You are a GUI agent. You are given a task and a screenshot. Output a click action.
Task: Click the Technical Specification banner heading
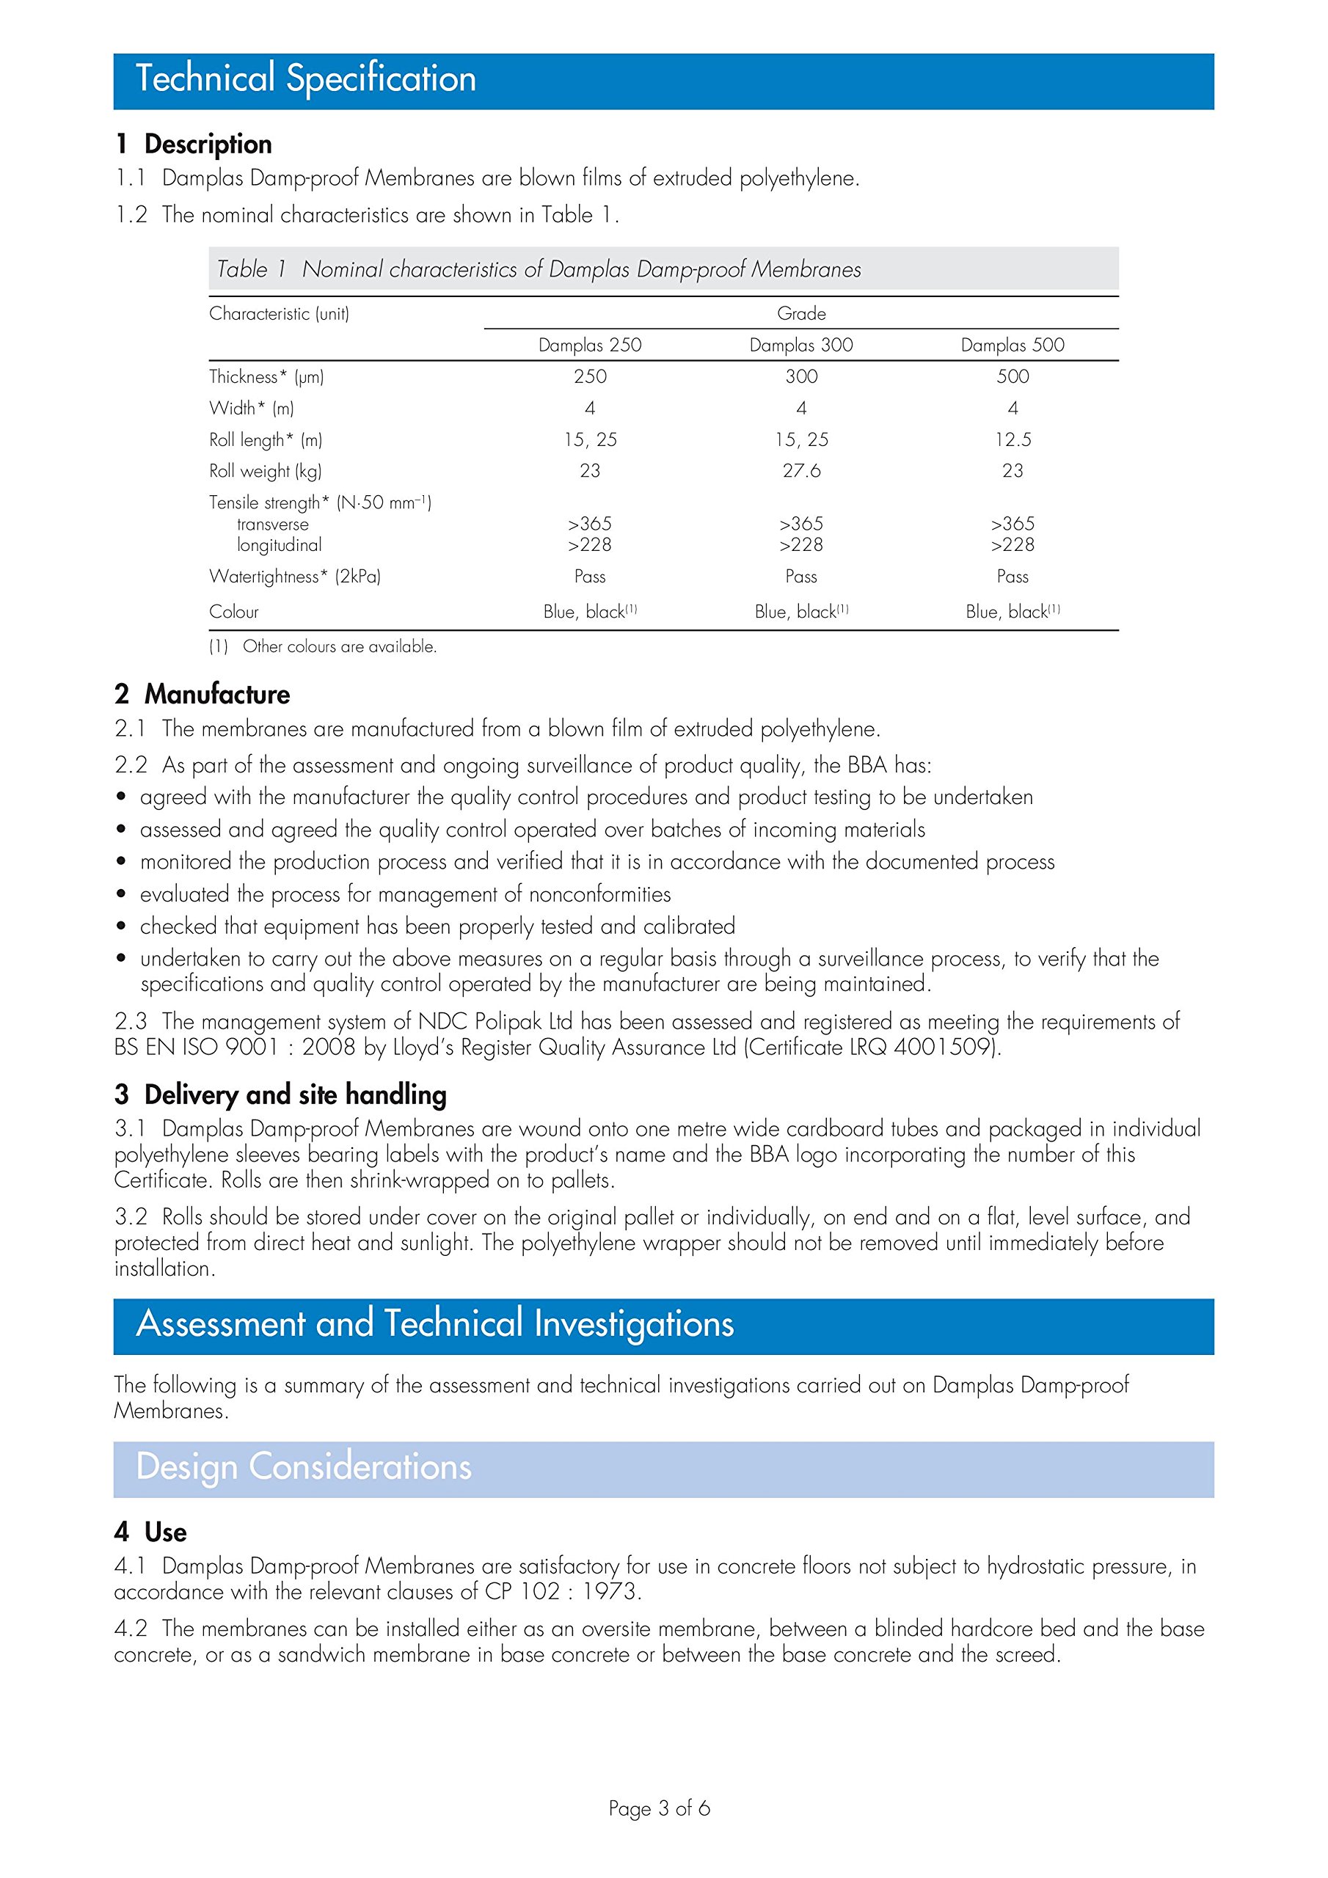[x=305, y=79]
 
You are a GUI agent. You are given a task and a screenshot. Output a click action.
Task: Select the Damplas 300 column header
[x=800, y=346]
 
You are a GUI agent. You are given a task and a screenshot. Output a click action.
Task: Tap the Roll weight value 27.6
[x=800, y=471]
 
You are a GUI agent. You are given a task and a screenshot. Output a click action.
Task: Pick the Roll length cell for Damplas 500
[x=1013, y=440]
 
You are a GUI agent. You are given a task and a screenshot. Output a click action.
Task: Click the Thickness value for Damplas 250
[x=589, y=377]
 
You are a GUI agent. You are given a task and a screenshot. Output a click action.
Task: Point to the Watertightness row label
[x=294, y=577]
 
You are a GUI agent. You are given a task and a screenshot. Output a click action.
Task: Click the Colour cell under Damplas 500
[x=1013, y=612]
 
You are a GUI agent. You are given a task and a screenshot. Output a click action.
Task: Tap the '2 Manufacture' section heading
[x=202, y=695]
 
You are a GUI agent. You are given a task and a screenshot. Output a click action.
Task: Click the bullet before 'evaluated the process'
[x=121, y=894]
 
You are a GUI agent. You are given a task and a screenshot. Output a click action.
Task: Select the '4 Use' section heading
[x=150, y=1532]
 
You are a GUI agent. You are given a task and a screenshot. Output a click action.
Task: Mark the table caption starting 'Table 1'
[x=539, y=269]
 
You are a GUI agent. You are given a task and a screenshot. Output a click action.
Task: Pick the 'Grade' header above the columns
[x=801, y=313]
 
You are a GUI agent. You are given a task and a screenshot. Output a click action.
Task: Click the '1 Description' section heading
[x=193, y=144]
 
